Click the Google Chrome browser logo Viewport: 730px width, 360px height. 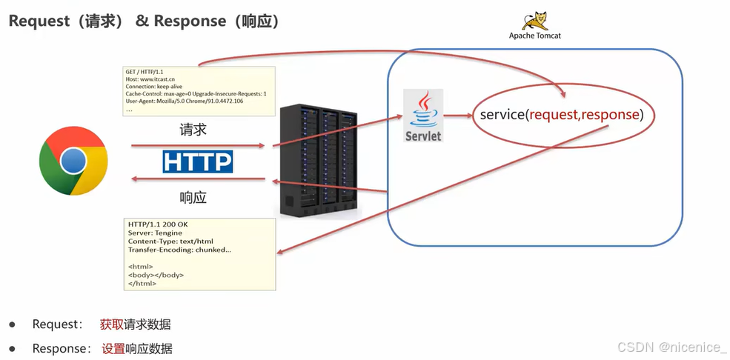[73, 161]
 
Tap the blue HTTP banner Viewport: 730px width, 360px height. [197, 161]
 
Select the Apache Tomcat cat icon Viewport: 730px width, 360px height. [534, 21]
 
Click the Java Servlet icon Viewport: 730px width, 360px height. [423, 116]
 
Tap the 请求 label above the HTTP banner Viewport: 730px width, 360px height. [193, 130]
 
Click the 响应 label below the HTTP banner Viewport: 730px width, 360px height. [193, 198]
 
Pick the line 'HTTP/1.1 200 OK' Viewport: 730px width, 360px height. [158, 224]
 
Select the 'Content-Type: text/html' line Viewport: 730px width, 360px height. [170, 241]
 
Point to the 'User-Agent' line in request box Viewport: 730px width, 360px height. [185, 101]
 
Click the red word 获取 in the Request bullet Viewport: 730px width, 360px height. [112, 324]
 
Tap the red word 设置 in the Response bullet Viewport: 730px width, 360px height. [113, 348]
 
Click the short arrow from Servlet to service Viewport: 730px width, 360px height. [459, 116]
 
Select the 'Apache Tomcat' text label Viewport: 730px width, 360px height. [535, 36]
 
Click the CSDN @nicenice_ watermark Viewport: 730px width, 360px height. [671, 347]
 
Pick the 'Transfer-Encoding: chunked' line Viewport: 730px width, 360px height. [179, 250]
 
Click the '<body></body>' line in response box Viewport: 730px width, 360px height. [156, 275]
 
